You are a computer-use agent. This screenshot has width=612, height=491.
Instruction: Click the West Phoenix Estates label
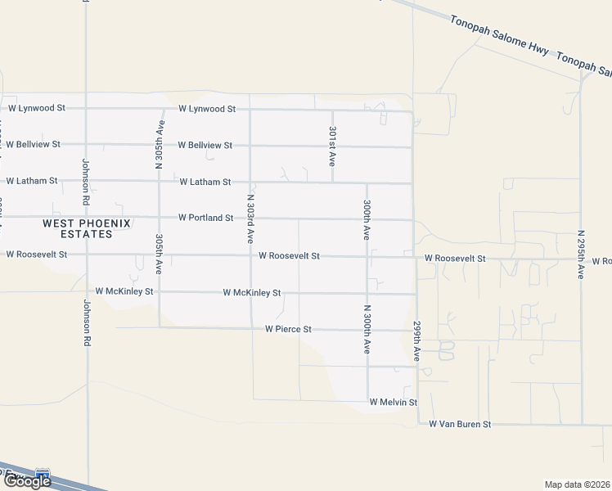pos(78,228)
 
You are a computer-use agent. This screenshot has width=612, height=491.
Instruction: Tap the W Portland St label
pos(206,218)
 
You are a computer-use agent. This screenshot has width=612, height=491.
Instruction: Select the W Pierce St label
pos(288,329)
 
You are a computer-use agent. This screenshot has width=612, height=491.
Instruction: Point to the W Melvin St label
pos(393,403)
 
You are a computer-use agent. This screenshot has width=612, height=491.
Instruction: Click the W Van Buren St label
pos(460,425)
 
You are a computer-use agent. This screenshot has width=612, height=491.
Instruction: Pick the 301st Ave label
pos(332,146)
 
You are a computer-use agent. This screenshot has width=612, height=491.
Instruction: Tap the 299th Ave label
pos(416,342)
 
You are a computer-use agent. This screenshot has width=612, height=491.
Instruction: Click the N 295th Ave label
pos(579,254)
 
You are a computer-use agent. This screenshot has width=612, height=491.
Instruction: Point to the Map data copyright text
pos(578,484)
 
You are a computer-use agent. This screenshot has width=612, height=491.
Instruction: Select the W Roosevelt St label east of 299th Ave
pos(455,259)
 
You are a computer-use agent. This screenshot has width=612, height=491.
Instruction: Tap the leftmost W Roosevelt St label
pos(36,255)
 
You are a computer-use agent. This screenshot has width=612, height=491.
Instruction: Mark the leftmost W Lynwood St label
pos(36,108)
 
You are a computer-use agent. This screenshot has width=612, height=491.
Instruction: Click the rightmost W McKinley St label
pos(252,292)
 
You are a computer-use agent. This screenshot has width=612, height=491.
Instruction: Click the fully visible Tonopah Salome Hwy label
pos(499,36)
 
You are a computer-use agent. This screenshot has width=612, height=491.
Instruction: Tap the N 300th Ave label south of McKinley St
pos(367,329)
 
